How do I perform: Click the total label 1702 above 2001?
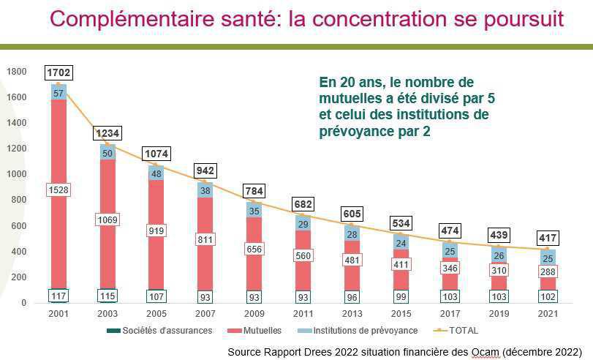click(59, 73)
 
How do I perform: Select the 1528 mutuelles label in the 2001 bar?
click(59, 190)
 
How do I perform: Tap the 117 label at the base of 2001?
click(59, 296)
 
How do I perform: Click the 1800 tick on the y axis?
click(17, 72)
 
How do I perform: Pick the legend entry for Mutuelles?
click(260, 331)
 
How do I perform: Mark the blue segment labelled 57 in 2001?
click(59, 93)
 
